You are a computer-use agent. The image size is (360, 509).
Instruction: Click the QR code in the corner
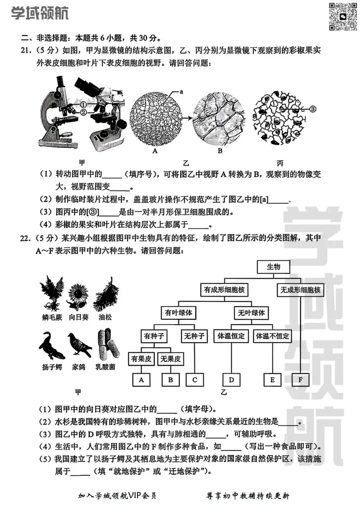tap(343, 17)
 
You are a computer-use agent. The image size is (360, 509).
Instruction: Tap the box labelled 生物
tap(273, 267)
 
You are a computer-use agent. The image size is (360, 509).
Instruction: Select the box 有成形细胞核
tap(224, 290)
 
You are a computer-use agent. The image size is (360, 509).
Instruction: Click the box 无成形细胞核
tap(300, 290)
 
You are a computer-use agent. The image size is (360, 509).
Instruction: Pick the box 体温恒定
tap(231, 336)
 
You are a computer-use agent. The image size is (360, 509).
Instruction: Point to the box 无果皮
tap(170, 359)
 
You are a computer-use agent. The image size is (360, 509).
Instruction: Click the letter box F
tap(300, 380)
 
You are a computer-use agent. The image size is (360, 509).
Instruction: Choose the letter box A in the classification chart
tap(141, 380)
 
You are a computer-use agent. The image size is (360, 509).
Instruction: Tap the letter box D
tap(231, 380)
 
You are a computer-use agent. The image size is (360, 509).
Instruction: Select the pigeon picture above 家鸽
tap(79, 345)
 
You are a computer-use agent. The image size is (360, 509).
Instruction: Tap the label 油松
tap(105, 317)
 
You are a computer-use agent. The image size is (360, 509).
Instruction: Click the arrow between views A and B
tap(188, 118)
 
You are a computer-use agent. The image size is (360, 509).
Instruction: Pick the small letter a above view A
tap(182, 91)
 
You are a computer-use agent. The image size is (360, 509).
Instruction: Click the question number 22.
tap(25, 238)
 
